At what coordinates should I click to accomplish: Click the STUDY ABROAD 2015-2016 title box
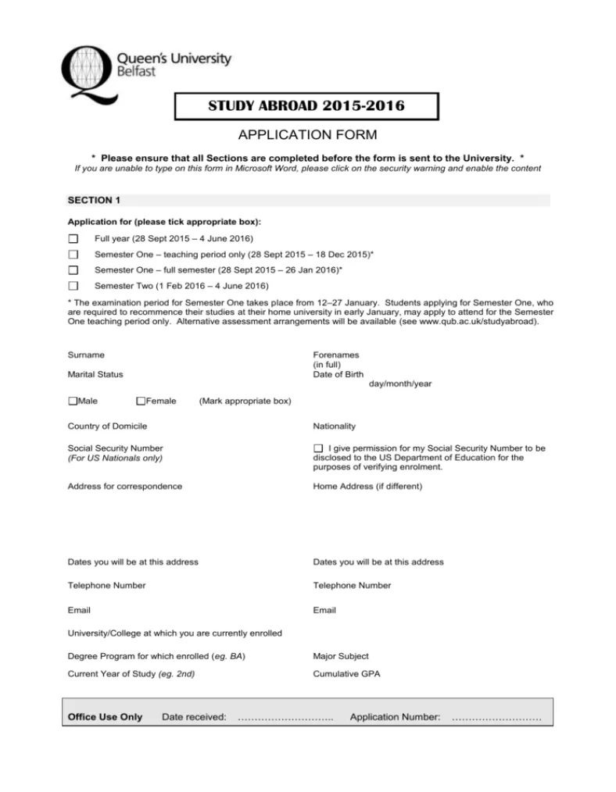[306, 106]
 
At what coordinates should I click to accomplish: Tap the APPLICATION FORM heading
[307, 135]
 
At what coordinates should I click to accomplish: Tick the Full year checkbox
[73, 238]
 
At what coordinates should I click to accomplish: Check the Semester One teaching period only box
[73, 255]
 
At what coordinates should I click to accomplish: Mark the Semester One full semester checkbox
[73, 270]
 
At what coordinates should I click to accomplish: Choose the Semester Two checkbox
[73, 286]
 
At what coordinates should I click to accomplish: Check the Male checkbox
[73, 401]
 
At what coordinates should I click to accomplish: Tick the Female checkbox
[141, 401]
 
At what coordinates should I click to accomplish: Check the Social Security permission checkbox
[317, 448]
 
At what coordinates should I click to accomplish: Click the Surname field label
[86, 355]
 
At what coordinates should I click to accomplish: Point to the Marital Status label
[95, 375]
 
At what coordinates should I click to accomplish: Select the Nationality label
[334, 426]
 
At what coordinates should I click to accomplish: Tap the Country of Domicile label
[107, 426]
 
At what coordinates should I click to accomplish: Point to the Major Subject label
[340, 656]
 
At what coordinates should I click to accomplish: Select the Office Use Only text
[106, 717]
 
